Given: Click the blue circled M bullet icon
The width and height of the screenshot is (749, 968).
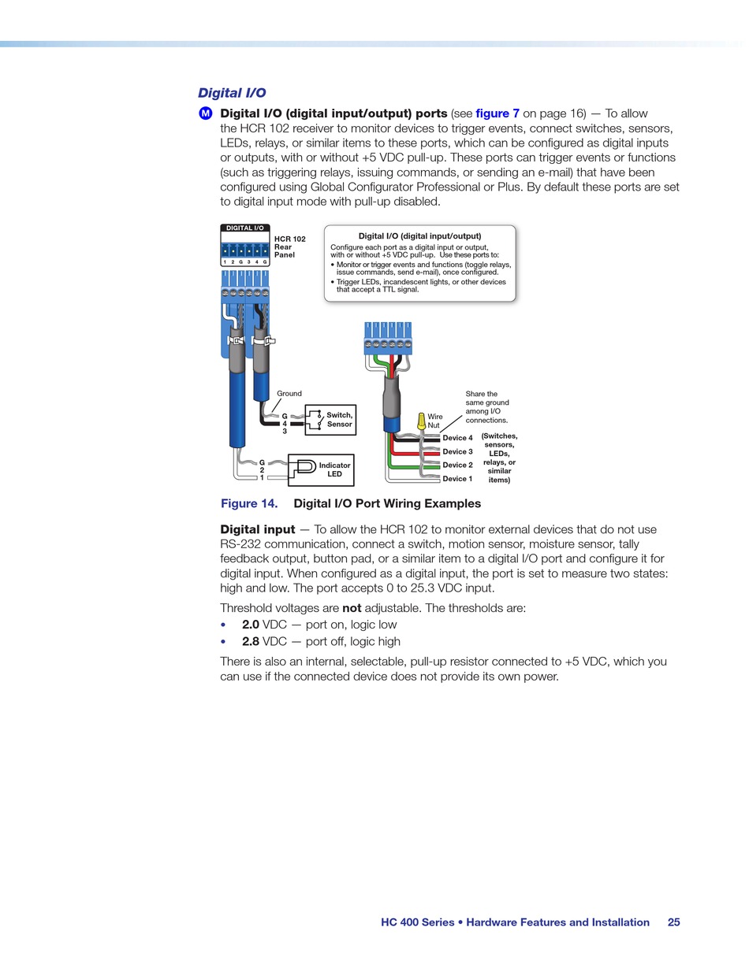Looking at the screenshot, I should tap(206, 113).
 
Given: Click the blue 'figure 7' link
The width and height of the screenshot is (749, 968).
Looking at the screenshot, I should tap(497, 113).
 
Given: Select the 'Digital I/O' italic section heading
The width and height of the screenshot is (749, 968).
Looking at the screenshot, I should tap(232, 93).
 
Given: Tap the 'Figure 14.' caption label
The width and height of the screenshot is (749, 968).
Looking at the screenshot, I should tap(249, 503).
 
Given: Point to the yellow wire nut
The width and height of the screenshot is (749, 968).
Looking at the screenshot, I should tap(422, 421).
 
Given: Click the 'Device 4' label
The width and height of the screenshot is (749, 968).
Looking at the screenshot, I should tap(457, 438).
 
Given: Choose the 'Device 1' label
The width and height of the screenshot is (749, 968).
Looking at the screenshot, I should tap(457, 478).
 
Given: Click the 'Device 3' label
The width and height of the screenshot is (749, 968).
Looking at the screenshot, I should tap(457, 451).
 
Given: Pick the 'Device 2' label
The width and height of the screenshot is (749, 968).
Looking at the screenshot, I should tap(457, 465).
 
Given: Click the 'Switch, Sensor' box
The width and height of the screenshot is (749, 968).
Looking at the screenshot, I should tap(330, 420).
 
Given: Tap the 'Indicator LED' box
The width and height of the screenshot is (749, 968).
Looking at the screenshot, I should tap(321, 470).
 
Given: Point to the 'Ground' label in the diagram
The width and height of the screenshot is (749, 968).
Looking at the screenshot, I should tap(289, 394).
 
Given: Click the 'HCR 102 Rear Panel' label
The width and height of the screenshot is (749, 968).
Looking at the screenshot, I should tap(289, 247).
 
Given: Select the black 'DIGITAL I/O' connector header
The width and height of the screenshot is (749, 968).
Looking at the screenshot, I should tap(245, 228).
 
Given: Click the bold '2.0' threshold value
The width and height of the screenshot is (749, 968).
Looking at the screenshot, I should tap(251, 625).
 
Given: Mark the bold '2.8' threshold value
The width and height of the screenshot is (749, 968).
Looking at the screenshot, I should tap(251, 642).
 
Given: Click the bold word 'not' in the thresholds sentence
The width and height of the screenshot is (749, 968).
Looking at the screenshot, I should tap(352, 608).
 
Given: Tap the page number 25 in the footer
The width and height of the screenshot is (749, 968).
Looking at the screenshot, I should tap(673, 922).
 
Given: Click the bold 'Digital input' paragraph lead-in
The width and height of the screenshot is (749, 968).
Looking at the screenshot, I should tap(258, 529).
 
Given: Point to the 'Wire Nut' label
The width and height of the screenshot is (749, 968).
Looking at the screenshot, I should tap(434, 421).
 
